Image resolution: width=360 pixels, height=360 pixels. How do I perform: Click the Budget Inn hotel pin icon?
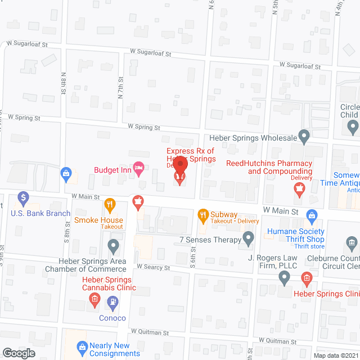(x=139, y=166)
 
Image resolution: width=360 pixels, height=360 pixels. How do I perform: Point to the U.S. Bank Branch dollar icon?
(x=23, y=198)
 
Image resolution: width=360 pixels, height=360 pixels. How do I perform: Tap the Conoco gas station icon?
(x=112, y=303)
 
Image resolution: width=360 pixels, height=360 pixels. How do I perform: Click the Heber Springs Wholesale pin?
(x=304, y=136)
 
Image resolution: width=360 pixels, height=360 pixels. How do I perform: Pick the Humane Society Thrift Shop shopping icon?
(x=311, y=214)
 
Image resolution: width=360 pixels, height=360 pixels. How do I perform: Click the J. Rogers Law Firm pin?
(x=285, y=276)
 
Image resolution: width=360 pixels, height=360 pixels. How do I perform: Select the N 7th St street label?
(x=120, y=89)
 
